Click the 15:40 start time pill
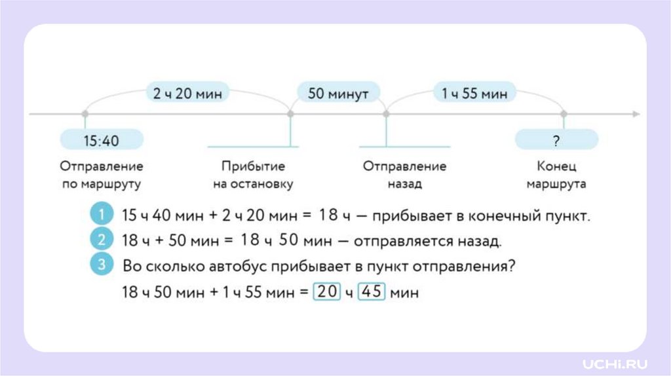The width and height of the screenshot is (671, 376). tap(102, 140)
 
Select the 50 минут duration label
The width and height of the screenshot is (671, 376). tap(338, 94)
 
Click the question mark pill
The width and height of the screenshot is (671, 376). tap(556, 140)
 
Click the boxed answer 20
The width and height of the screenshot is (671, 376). tap(327, 292)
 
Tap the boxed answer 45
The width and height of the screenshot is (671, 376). tap(372, 292)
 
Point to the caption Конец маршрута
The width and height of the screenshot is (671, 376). tap(556, 176)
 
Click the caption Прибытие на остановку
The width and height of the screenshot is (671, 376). tap(252, 176)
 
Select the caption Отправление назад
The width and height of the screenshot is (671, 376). tap(404, 176)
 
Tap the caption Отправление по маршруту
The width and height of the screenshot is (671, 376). tap(102, 176)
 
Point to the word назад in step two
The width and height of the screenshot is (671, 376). tap(479, 241)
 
